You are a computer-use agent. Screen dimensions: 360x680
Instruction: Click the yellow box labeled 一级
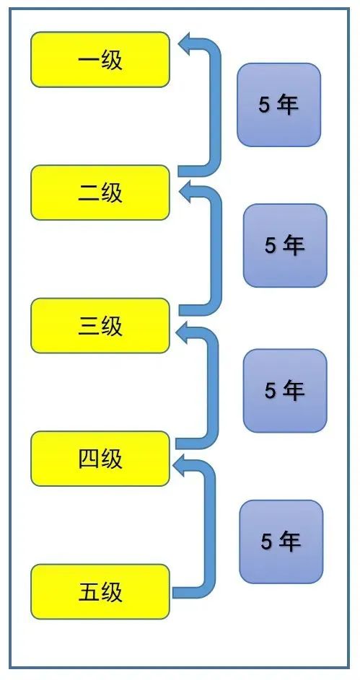(100, 59)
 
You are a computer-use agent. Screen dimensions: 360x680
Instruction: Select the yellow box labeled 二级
(100, 193)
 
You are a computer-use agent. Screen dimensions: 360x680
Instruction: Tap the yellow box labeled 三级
(100, 326)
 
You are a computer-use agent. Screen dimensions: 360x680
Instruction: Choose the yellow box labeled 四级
(100, 459)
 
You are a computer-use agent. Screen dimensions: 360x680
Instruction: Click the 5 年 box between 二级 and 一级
(278, 105)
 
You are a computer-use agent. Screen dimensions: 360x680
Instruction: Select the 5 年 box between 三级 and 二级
(285, 245)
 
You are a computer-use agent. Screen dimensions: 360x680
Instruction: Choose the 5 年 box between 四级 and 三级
(285, 391)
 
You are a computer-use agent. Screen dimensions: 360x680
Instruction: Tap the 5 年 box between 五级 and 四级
(281, 542)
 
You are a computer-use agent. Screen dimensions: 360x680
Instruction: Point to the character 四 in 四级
(89, 459)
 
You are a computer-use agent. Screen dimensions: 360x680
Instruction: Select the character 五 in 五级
(89, 592)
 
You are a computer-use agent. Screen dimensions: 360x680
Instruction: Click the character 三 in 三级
(89, 326)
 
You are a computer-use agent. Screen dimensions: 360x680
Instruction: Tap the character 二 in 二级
(89, 193)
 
